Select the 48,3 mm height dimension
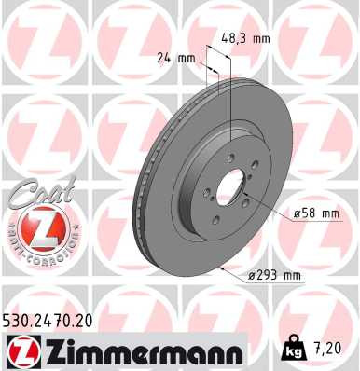click(x=249, y=38)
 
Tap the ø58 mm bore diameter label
click(x=314, y=213)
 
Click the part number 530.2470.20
click(x=56, y=319)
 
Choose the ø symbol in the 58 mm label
click(x=296, y=213)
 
